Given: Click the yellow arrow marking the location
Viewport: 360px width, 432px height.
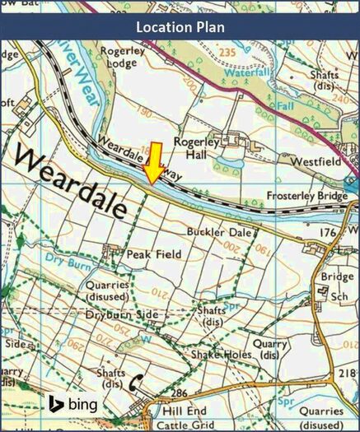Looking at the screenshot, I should coord(154,163).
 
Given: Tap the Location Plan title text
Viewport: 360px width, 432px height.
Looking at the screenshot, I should coord(180,26).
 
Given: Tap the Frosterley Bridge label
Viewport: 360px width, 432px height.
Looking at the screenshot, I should coord(312,197).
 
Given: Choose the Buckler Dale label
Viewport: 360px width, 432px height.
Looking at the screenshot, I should coord(217,233).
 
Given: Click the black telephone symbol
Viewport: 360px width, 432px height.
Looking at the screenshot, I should coord(136,382).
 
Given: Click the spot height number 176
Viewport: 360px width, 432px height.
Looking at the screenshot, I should coord(328,233).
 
